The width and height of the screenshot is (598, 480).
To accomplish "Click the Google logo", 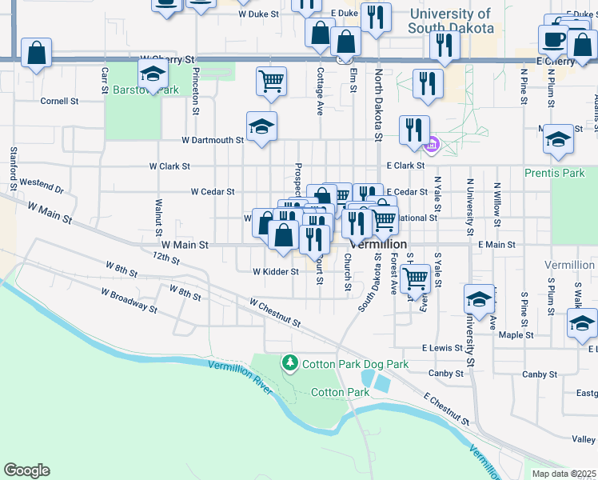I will (x=26, y=470).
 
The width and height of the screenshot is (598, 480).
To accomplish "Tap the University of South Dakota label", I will (x=449, y=21).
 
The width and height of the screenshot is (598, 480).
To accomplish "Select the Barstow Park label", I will (x=146, y=90).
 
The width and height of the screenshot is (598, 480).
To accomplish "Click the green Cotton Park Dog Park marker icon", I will (x=290, y=364).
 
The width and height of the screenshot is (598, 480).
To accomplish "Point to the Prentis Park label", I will (x=554, y=173).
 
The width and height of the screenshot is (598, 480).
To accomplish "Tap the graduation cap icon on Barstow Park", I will (x=152, y=75).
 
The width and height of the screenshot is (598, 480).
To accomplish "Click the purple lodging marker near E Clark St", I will (x=433, y=146).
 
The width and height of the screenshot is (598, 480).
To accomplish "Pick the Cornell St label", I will (x=59, y=102).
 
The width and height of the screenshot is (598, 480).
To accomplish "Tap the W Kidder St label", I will (x=275, y=271).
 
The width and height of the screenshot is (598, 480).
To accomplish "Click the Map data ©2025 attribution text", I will (x=563, y=474).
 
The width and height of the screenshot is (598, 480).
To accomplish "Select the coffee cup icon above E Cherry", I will (x=552, y=38).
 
